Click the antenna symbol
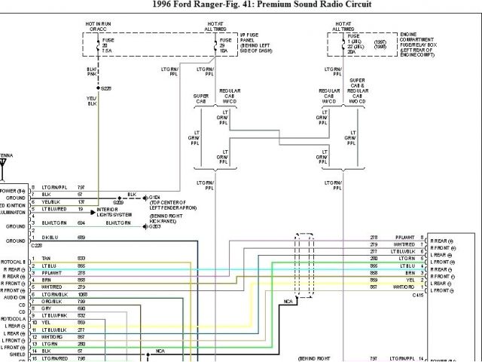pos(4,164)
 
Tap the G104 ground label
pos(155,198)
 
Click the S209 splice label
pos(118,203)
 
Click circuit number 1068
pos(81,294)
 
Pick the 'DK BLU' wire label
pos(51,238)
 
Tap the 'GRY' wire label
pos(47,308)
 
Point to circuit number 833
pos(81,258)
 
